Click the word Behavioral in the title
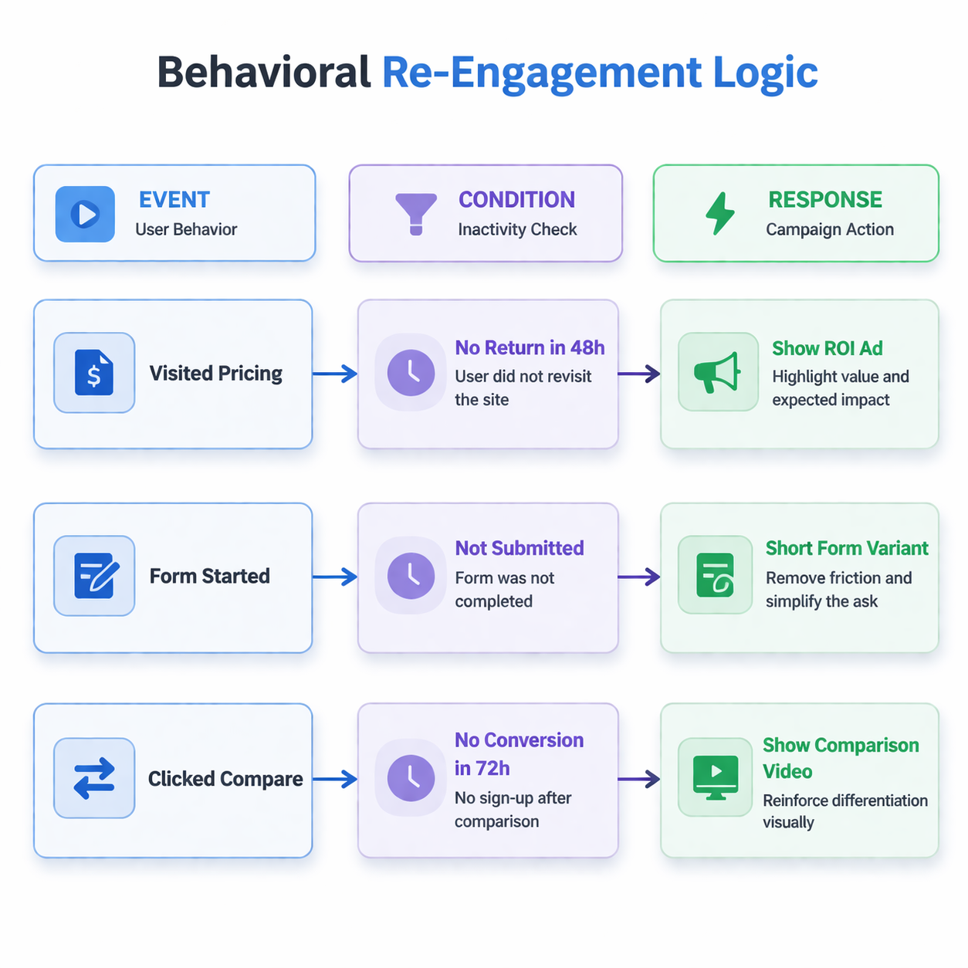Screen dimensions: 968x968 (x=264, y=73)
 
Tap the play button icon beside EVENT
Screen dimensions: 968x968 (x=85, y=214)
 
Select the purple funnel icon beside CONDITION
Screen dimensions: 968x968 (x=416, y=213)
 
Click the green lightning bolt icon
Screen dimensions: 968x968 (x=720, y=213)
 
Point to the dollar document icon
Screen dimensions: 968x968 (x=94, y=373)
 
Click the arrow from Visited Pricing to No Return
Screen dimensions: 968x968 (x=335, y=374)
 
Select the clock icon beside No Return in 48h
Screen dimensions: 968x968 (x=411, y=373)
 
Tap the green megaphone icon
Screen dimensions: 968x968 (x=717, y=372)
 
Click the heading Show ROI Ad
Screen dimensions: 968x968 (x=827, y=348)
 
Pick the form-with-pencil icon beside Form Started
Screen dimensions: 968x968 (x=94, y=576)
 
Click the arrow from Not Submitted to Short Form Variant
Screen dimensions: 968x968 (x=639, y=577)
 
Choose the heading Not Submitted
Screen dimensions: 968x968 (x=519, y=548)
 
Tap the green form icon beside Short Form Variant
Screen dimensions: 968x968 (x=715, y=575)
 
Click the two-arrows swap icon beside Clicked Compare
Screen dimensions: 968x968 (x=94, y=778)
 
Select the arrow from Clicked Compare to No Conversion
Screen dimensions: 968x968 (x=335, y=780)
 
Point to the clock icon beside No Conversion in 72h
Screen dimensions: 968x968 (x=411, y=777)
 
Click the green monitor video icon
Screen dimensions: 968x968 (x=716, y=777)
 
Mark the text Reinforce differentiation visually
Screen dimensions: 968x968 (x=844, y=811)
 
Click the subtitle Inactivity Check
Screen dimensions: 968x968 (x=517, y=229)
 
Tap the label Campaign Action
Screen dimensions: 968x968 (x=829, y=229)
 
